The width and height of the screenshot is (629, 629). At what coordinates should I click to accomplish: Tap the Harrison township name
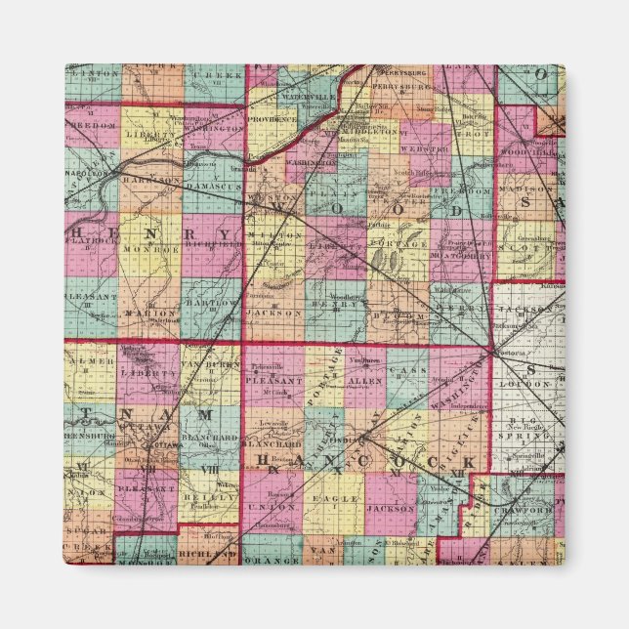coord(151,180)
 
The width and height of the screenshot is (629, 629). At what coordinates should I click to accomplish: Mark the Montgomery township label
coord(455,251)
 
